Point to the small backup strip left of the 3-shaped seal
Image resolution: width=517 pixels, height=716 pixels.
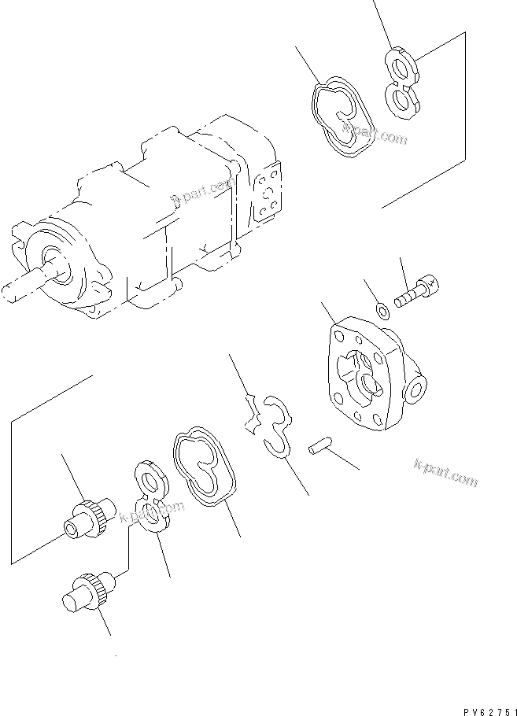point(252,414)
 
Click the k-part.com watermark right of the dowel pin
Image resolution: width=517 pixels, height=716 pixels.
point(445,472)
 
